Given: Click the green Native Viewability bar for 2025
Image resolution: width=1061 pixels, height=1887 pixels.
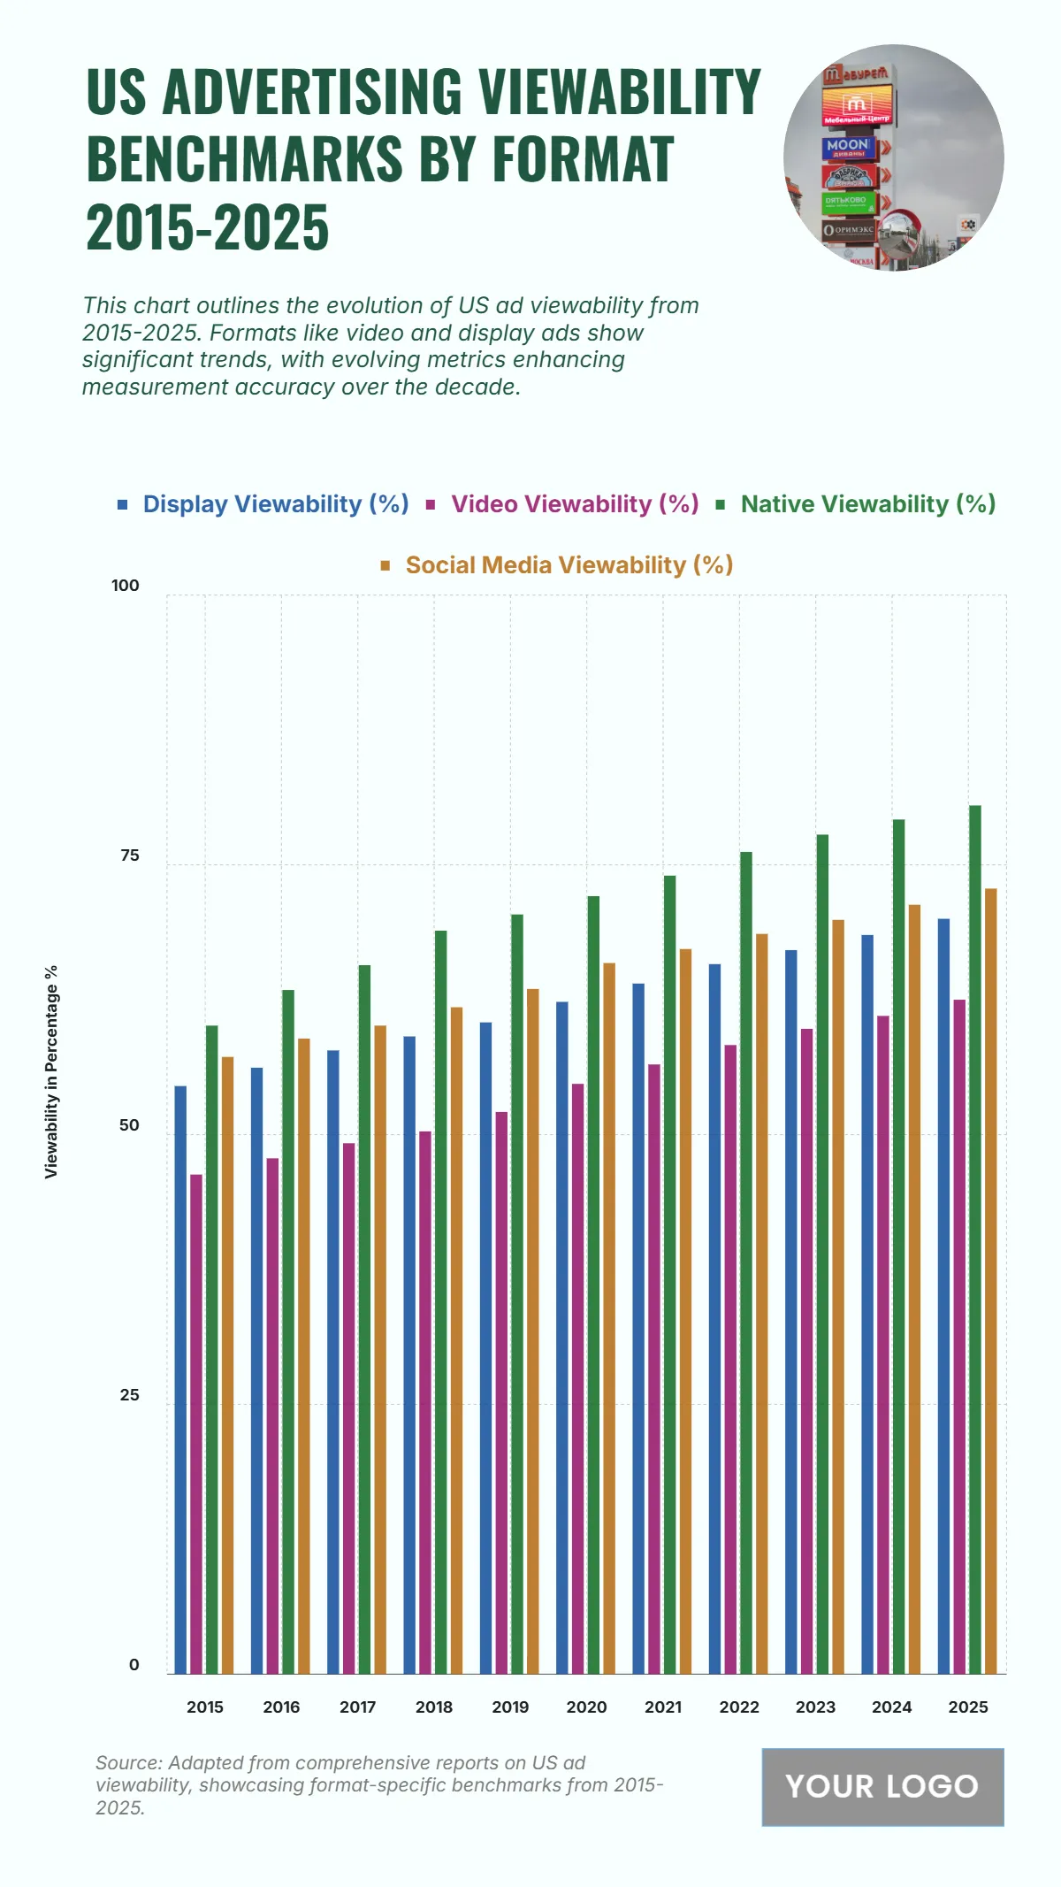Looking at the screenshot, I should [x=974, y=1239].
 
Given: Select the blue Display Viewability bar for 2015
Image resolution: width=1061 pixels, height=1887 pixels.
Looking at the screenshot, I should [x=180, y=1379].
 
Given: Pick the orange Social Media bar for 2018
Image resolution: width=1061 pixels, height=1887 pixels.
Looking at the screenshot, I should [x=456, y=1340].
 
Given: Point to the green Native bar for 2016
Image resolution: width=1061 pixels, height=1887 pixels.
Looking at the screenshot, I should [x=288, y=1331].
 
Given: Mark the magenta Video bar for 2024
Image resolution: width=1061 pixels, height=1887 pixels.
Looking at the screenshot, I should [x=882, y=1344].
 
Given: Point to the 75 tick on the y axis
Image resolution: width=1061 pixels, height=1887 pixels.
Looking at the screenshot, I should [x=130, y=855].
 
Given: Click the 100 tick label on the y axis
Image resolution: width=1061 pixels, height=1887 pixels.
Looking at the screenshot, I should [x=126, y=586].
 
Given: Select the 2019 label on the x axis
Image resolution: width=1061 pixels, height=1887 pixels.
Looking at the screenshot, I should [x=510, y=1707].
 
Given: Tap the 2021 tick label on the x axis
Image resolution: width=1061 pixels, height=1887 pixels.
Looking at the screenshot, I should [x=663, y=1707].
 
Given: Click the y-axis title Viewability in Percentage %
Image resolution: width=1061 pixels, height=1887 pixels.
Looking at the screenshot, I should [x=51, y=1071].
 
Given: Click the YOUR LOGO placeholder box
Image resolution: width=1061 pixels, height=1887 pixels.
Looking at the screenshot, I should [x=882, y=1786].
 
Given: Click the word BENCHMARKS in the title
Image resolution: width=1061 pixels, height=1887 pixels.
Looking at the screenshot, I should [x=245, y=159].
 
